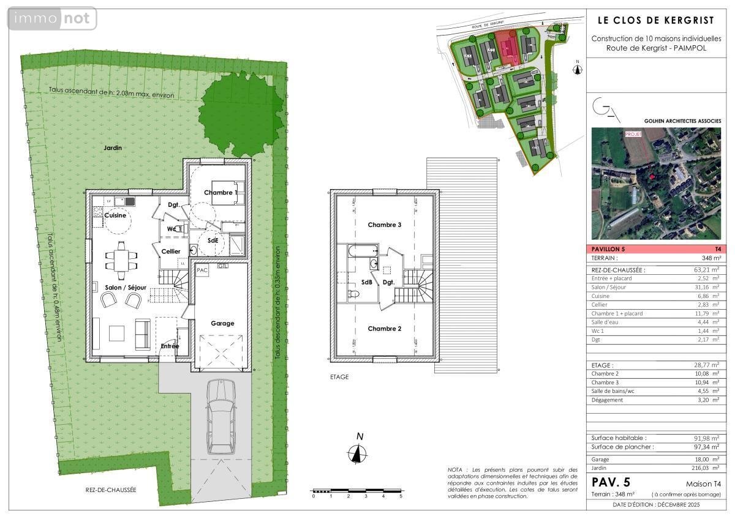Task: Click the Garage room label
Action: coord(222,323)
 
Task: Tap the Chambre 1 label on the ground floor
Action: coord(220,193)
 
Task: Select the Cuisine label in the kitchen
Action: coord(115,215)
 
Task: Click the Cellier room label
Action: coord(171,252)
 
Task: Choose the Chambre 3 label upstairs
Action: coord(384,225)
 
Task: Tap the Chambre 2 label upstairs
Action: coord(384,329)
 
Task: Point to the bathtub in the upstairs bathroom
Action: coord(363,251)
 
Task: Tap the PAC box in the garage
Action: coord(202,269)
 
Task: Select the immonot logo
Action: coord(52,18)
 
